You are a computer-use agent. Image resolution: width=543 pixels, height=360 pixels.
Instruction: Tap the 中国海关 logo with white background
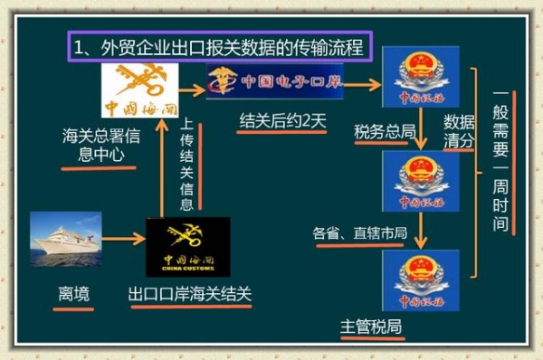tap(135, 93)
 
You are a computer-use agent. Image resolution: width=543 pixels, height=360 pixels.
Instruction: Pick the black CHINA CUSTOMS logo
tap(188, 246)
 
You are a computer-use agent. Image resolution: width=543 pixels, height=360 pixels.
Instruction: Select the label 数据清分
tap(459, 129)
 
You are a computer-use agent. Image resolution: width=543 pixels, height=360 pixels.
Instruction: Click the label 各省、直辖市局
tap(359, 234)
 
